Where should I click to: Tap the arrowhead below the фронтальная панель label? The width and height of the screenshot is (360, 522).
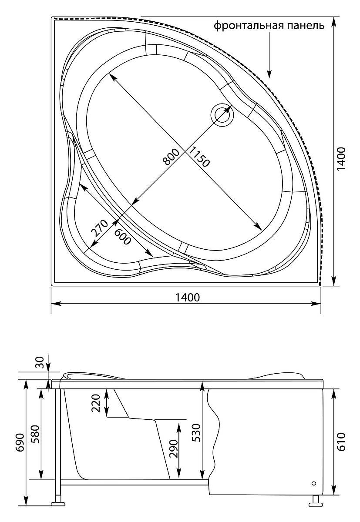269,74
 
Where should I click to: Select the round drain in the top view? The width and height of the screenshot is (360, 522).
222,115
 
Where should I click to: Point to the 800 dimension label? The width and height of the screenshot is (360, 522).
171,157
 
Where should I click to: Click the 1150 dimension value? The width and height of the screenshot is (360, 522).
199,157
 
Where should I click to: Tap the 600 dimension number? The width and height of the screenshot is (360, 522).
123,237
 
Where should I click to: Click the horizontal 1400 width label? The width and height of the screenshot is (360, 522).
188,298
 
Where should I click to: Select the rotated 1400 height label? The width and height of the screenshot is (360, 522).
341,159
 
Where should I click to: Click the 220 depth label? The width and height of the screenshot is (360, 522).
96,403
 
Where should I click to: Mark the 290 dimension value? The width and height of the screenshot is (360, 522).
174,449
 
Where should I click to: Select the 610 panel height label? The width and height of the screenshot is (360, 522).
341,442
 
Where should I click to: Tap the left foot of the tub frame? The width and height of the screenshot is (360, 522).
58,497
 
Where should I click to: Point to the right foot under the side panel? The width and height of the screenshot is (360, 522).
316,497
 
